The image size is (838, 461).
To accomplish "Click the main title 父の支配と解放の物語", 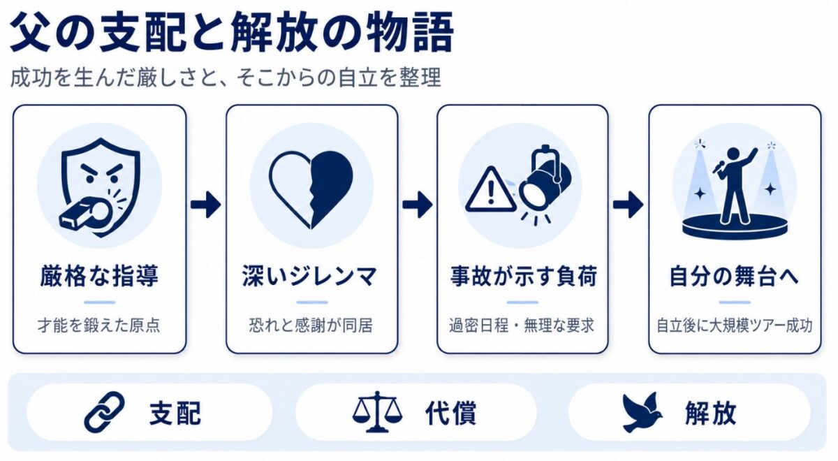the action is (x=232, y=34).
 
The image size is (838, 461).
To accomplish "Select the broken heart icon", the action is (x=311, y=189).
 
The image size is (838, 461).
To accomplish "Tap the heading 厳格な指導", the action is (x=99, y=276).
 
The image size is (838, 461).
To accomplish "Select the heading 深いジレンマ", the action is (x=310, y=276).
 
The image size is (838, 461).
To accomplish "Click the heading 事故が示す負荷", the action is (x=523, y=276).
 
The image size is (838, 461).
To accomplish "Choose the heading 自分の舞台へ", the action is (x=734, y=276).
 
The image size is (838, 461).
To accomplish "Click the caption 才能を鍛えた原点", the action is (x=99, y=325).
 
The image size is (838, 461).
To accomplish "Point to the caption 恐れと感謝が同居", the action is (x=311, y=325).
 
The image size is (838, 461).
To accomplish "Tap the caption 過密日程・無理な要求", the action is (x=522, y=325).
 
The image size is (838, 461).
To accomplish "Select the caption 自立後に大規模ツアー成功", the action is (x=735, y=325).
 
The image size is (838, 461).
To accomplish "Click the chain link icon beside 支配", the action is (x=104, y=411).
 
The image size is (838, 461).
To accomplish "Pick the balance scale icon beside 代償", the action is (x=377, y=411).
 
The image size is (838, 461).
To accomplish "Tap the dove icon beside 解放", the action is (x=642, y=412).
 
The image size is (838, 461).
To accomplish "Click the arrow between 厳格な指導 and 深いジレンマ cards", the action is (x=205, y=204).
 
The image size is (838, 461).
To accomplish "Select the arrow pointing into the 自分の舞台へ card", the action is (x=628, y=204).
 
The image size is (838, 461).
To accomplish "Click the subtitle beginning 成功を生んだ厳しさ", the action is (x=226, y=78).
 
